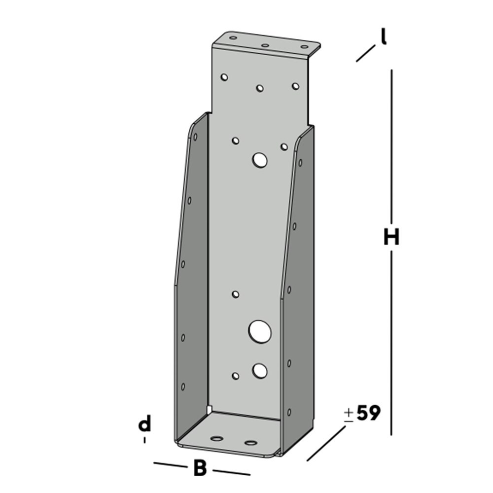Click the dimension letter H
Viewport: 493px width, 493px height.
tap(391, 238)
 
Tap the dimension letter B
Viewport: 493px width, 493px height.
tap(200, 468)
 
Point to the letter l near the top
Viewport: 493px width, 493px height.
tap(383, 37)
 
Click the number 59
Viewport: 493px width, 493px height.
tap(368, 413)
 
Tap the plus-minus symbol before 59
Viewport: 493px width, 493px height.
tap(349, 415)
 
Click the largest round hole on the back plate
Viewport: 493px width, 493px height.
tap(260, 331)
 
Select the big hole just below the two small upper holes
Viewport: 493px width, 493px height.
tap(259, 160)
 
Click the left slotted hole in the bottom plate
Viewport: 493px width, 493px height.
tap(216, 438)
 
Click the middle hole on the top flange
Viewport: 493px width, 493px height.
tap(265, 46)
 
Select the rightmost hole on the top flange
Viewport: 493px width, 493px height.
tap(305, 48)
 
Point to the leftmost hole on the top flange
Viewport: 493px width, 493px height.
tap(233, 38)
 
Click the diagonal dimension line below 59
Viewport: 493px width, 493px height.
tap(326, 444)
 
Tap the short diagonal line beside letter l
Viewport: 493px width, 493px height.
tap(366, 53)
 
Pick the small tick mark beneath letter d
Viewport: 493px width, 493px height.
tap(144, 439)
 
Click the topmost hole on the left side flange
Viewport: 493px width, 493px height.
tap(195, 137)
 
